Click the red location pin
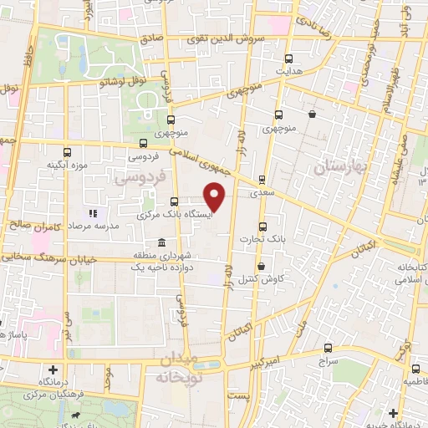[x=216, y=196]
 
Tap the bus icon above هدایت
[x=289, y=59]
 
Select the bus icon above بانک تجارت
[x=262, y=227]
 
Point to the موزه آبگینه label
[x=67, y=164]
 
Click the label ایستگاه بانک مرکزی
[x=174, y=214]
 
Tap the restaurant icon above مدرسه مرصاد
[x=93, y=213]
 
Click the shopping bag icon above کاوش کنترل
[x=262, y=267]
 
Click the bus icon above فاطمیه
[x=415, y=368]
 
